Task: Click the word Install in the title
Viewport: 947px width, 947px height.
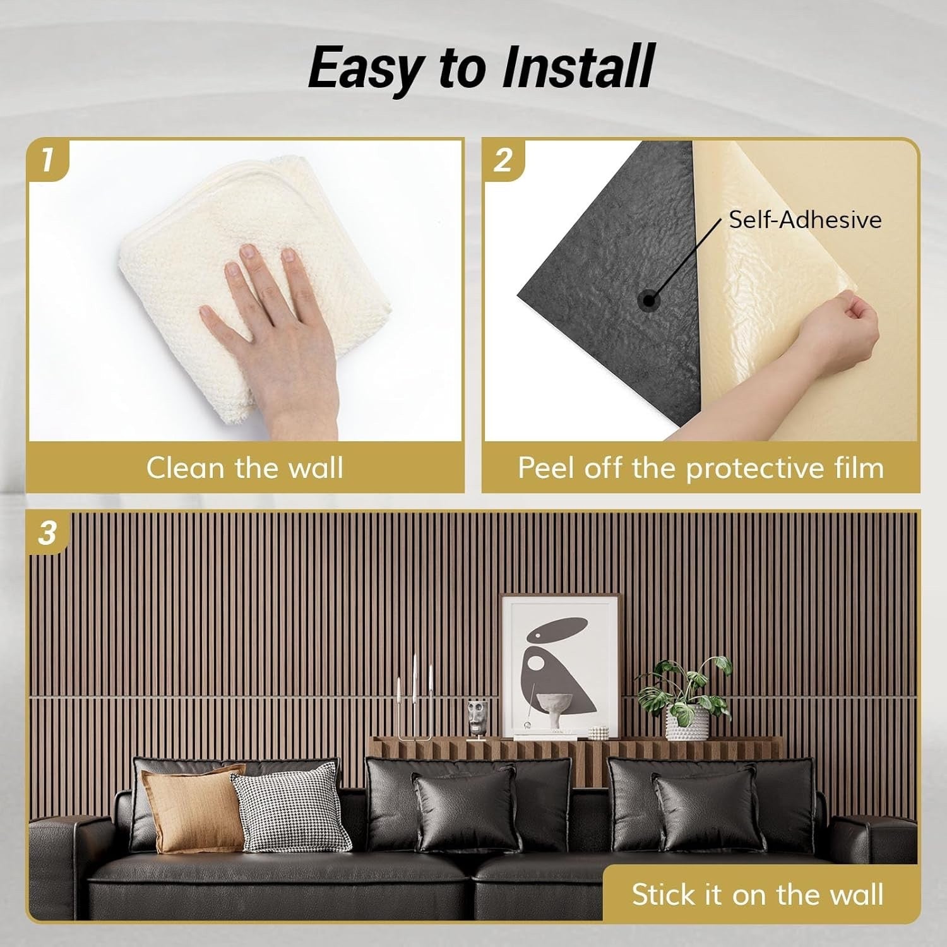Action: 578,68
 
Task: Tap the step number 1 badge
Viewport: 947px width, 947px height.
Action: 48,159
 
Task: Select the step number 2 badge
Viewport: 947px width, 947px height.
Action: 503,159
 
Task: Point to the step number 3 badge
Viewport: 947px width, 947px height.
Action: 48,533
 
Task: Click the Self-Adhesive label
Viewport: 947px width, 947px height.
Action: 805,220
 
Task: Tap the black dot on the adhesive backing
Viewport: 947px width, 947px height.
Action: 648,301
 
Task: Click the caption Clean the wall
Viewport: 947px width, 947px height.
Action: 244,468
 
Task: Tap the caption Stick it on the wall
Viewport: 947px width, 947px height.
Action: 757,895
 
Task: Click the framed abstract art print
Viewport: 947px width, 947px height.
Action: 560,663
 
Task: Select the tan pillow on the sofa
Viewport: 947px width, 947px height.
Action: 193,808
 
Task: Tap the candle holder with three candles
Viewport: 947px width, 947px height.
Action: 414,701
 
